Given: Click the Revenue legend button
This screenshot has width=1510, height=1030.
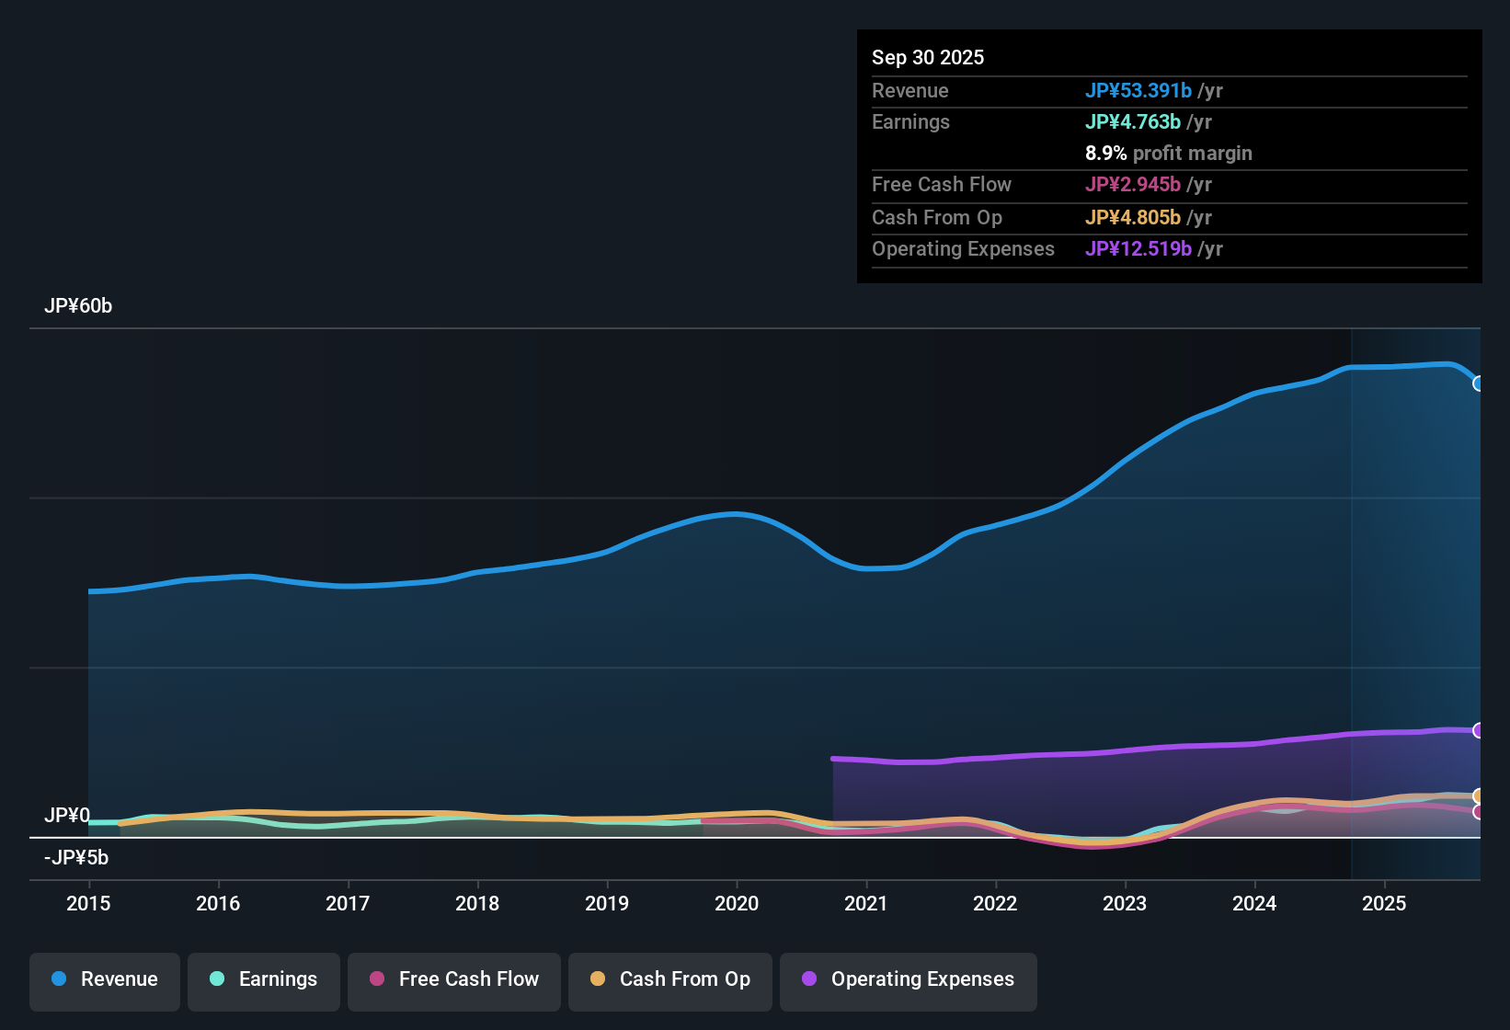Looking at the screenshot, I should click(105, 979).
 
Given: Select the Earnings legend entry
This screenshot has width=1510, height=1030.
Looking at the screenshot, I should click(264, 979).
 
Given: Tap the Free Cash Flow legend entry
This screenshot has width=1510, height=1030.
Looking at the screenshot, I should click(454, 979).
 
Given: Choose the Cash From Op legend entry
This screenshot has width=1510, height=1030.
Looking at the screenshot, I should click(670, 979).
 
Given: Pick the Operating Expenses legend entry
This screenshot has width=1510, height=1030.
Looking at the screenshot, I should click(909, 979).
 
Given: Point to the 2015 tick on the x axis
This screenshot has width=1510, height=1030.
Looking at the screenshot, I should click(88, 903).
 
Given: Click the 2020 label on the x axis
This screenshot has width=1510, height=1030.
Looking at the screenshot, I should click(737, 903).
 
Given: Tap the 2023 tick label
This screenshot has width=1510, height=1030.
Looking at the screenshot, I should click(1125, 903).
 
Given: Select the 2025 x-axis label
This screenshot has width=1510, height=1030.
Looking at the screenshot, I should click(1384, 903).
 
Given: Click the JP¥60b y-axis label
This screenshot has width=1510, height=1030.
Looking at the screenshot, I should click(78, 306).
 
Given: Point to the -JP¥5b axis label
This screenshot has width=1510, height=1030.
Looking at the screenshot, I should click(76, 858).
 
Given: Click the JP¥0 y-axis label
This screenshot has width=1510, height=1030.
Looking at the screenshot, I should click(67, 816).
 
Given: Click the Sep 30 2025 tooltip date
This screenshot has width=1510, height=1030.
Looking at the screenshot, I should click(928, 57).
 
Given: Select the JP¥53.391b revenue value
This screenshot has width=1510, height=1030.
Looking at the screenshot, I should click(1138, 90).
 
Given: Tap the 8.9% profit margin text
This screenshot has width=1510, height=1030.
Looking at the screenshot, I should click(1168, 154).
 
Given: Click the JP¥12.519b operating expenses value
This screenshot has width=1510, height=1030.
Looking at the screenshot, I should click(1138, 249).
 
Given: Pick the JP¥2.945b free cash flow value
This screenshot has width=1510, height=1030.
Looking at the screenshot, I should click(1133, 185).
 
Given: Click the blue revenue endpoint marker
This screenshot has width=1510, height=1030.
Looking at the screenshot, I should click(1478, 383).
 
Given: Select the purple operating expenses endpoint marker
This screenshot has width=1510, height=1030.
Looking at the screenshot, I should click(1478, 730).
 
